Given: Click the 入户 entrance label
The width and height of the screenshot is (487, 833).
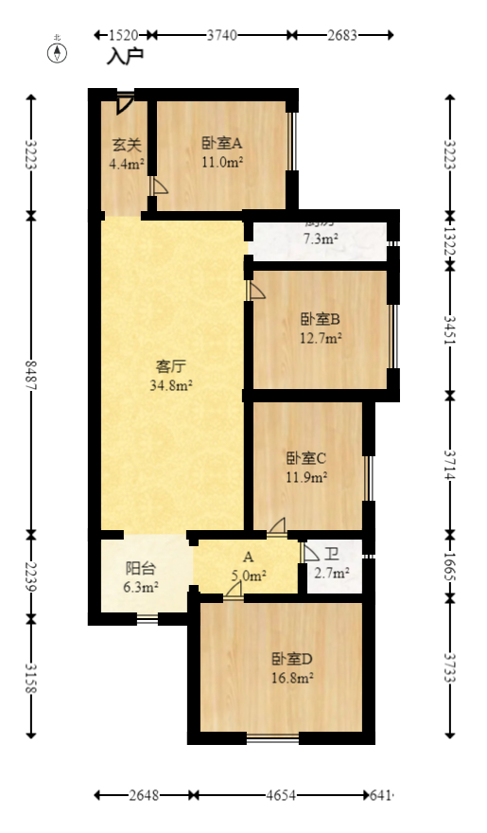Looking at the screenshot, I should (124, 57).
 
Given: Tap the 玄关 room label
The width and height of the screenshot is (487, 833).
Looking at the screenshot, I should (127, 145).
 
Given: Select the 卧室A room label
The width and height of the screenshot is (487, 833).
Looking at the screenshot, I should (222, 144).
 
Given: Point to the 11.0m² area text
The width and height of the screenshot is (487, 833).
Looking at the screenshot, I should (222, 163).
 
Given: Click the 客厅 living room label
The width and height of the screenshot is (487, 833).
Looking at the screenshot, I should (170, 366).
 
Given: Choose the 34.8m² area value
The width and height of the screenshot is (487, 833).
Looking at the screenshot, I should (171, 385).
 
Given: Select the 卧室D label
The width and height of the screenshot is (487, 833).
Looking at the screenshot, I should (292, 659).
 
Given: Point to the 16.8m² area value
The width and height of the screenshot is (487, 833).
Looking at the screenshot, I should (292, 678).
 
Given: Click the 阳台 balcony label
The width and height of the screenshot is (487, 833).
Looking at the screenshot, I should (141, 568).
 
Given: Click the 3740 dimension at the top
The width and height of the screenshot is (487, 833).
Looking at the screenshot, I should (221, 35).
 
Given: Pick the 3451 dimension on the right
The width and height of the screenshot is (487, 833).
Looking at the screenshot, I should (450, 330).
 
